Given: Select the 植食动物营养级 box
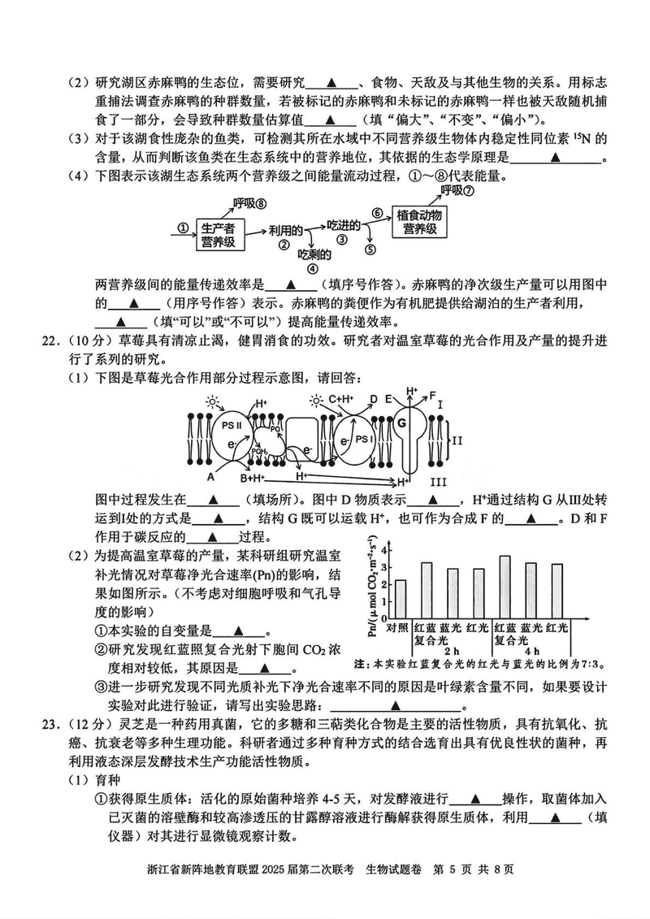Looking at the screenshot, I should click(x=420, y=222).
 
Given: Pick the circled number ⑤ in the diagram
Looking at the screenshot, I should click(x=370, y=250).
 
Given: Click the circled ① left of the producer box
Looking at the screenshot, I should click(x=183, y=229).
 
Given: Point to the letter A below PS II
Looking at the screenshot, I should click(x=210, y=477).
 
